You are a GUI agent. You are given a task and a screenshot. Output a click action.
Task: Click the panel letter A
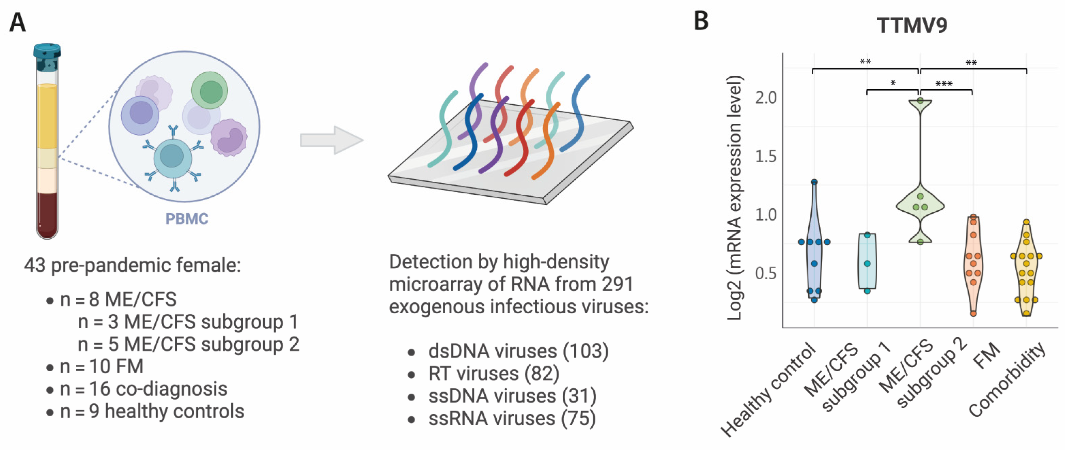[x=17, y=22]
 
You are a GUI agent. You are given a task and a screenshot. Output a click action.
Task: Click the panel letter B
[x=701, y=21]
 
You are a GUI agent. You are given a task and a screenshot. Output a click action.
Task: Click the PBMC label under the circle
[x=186, y=219]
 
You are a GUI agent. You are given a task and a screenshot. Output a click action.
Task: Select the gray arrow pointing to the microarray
[x=331, y=140]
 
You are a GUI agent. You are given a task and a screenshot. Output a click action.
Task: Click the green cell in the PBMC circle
[x=210, y=90]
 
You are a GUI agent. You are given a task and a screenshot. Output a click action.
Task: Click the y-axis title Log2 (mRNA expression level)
[x=735, y=198]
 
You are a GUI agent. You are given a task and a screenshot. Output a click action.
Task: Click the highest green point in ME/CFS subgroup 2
[x=920, y=101]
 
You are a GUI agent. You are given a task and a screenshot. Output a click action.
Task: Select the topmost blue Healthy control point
[x=814, y=182]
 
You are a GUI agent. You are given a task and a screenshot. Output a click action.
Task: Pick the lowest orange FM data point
[x=973, y=313]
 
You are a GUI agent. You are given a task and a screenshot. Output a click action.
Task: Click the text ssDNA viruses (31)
[x=512, y=396]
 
